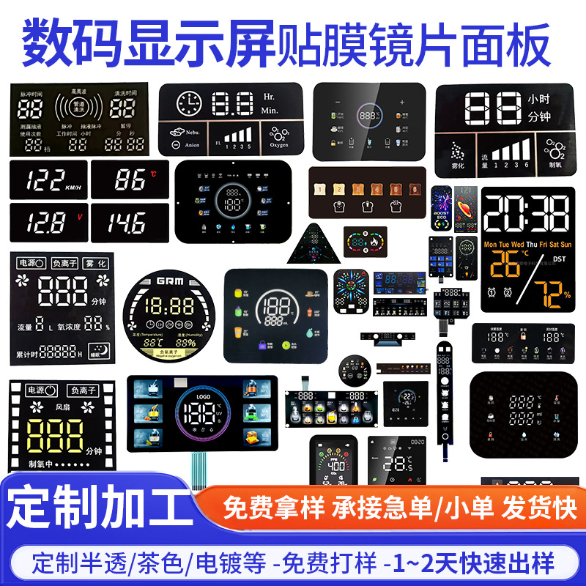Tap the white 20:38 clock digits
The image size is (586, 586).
[x=525, y=213]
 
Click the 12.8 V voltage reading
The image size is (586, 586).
[x=44, y=220]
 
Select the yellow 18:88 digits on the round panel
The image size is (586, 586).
[x=168, y=305]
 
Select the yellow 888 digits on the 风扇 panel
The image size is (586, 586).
[x=54, y=438]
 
